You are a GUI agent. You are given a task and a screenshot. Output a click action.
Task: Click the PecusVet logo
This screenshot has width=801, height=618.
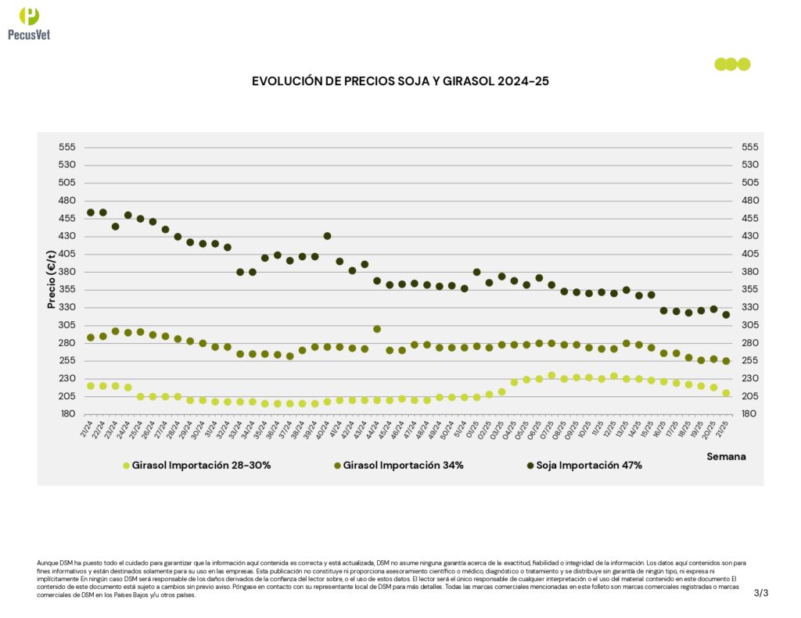click(x=29, y=23)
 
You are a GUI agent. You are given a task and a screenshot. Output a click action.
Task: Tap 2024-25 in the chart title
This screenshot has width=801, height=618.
click(x=518, y=81)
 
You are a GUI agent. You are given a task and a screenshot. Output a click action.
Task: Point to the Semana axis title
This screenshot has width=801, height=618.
click(x=726, y=456)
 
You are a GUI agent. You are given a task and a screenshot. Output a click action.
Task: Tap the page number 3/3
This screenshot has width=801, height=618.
click(x=761, y=593)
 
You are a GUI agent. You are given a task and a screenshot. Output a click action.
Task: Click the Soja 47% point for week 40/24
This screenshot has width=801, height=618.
click(x=327, y=236)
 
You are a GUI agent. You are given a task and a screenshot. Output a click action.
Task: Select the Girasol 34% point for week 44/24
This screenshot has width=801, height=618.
click(x=377, y=329)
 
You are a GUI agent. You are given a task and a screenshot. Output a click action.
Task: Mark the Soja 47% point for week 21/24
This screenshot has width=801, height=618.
click(x=91, y=213)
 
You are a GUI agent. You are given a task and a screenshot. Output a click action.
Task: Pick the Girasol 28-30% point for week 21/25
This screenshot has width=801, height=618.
click(x=726, y=393)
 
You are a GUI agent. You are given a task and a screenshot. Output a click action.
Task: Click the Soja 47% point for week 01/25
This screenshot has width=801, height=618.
click(x=476, y=272)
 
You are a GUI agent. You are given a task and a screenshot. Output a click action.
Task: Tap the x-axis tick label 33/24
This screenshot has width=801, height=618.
click(x=234, y=430)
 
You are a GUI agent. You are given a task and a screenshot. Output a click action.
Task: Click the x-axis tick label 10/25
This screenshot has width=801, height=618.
click(x=583, y=430)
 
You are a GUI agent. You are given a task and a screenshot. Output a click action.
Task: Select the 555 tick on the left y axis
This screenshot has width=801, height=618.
click(x=66, y=147)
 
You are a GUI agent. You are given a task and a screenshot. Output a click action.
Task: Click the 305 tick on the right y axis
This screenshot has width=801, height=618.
click(x=749, y=325)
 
